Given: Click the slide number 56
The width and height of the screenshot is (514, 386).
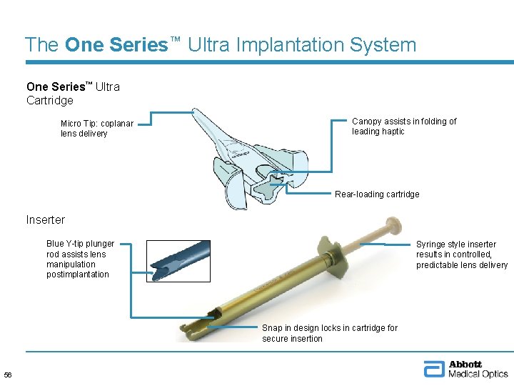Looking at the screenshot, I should click(x=8, y=375).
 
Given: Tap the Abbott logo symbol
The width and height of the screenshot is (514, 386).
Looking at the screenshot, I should click(x=433, y=370).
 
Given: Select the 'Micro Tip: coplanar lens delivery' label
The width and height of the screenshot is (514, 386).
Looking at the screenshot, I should click(x=97, y=129).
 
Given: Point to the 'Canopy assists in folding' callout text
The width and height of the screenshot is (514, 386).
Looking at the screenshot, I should click(x=404, y=126).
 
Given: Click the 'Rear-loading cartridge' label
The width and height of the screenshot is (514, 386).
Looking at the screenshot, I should click(x=377, y=194).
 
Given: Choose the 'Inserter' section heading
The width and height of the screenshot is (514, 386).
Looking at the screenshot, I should click(x=45, y=219).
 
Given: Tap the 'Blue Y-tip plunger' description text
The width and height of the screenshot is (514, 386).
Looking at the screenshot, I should click(x=80, y=259).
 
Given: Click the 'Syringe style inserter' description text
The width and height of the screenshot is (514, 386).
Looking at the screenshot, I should click(x=461, y=254).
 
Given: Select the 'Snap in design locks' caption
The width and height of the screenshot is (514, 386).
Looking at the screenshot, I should click(x=329, y=332).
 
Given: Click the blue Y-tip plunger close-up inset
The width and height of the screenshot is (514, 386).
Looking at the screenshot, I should click(x=178, y=260).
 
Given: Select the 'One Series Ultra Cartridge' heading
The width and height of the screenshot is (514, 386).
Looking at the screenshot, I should click(x=73, y=93).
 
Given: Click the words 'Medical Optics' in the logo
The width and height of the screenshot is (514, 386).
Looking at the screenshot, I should click(x=478, y=374).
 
